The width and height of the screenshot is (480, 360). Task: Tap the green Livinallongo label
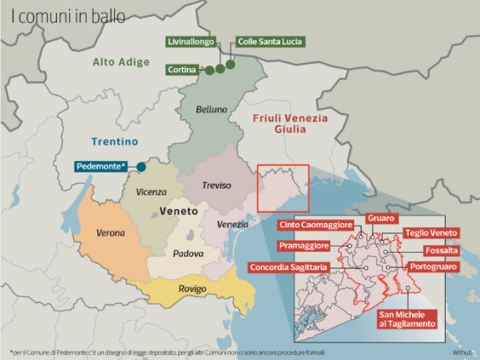190,41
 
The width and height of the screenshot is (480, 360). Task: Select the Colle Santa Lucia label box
269,41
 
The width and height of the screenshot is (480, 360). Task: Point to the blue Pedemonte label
102,166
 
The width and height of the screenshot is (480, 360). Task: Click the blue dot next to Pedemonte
139,166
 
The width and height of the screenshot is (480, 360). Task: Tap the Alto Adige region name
121,62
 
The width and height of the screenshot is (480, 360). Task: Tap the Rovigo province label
193,290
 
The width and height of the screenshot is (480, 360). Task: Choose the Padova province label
188,253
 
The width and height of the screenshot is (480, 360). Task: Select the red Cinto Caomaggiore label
317,225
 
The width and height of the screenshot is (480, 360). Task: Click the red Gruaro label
380,218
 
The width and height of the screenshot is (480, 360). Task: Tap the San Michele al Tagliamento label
407,318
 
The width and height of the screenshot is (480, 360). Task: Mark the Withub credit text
462,350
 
